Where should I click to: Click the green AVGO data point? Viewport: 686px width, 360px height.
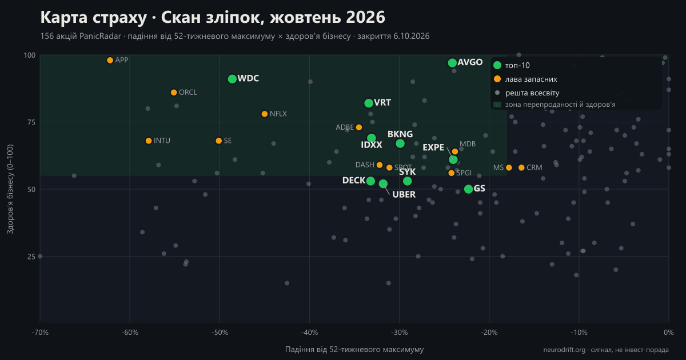pyautogui.click(x=452, y=63)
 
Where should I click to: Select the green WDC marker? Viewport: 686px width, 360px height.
pyautogui.click(x=232, y=79)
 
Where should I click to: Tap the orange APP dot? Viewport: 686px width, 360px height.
pyautogui.click(x=110, y=61)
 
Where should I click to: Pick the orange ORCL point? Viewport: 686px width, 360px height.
pyautogui.click(x=174, y=93)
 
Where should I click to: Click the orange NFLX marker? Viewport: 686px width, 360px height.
pyautogui.click(x=265, y=114)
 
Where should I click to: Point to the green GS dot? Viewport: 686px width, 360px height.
pyautogui.click(x=468, y=189)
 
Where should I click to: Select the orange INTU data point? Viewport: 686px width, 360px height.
pyautogui.click(x=149, y=141)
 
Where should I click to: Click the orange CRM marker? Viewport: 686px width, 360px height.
pyautogui.click(x=521, y=167)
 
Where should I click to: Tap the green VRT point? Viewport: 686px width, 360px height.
pyautogui.click(x=369, y=103)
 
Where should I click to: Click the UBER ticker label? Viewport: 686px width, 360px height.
pyautogui.click(x=404, y=194)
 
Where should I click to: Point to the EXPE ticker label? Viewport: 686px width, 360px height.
pyautogui.click(x=433, y=147)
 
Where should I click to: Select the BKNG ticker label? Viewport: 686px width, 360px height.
pyautogui.click(x=400, y=134)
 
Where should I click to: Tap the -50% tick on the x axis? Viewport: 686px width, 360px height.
pyautogui.click(x=220, y=333)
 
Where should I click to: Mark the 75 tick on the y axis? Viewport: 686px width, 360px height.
pyautogui.click(x=31, y=122)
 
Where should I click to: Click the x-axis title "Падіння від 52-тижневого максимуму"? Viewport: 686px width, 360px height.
pyautogui.click(x=354, y=349)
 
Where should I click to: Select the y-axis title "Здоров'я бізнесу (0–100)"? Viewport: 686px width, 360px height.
pyautogui.click(x=10, y=189)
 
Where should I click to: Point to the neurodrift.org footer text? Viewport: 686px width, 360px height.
pyautogui.click(x=606, y=350)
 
